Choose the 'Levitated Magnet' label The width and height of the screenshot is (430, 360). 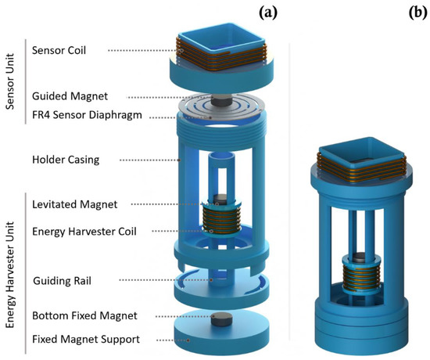pyautogui.click(x=74, y=204)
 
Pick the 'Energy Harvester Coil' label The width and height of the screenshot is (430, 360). pyautogui.click(x=85, y=231)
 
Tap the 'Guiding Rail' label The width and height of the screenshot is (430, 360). pyautogui.click(x=65, y=279)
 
